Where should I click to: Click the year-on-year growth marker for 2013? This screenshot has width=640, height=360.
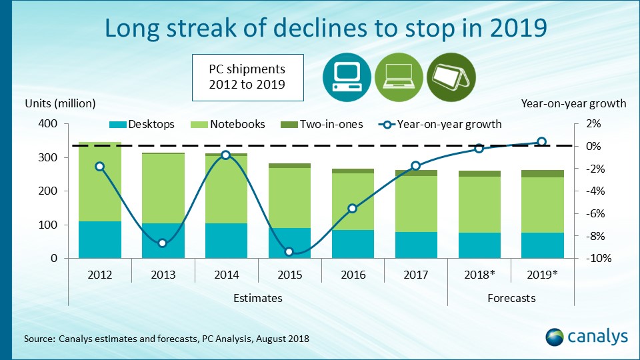pyautogui.click(x=163, y=243)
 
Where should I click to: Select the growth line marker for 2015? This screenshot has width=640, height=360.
pyautogui.click(x=289, y=251)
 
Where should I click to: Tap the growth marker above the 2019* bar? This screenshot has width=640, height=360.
pyautogui.click(x=542, y=141)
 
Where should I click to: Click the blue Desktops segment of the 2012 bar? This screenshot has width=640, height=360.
pyautogui.click(x=100, y=239)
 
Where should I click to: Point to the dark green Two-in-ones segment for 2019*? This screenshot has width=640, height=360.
pyautogui.click(x=542, y=173)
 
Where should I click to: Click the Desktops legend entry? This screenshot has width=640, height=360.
pyautogui.click(x=141, y=124)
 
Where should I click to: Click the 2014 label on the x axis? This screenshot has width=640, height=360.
pyautogui.click(x=226, y=274)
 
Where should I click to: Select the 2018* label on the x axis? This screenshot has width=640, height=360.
pyautogui.click(x=479, y=274)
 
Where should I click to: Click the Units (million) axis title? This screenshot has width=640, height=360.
pyautogui.click(x=61, y=103)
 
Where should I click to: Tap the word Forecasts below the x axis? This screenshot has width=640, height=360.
pyautogui.click(x=511, y=298)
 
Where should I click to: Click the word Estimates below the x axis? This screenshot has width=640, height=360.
pyautogui.click(x=258, y=298)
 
